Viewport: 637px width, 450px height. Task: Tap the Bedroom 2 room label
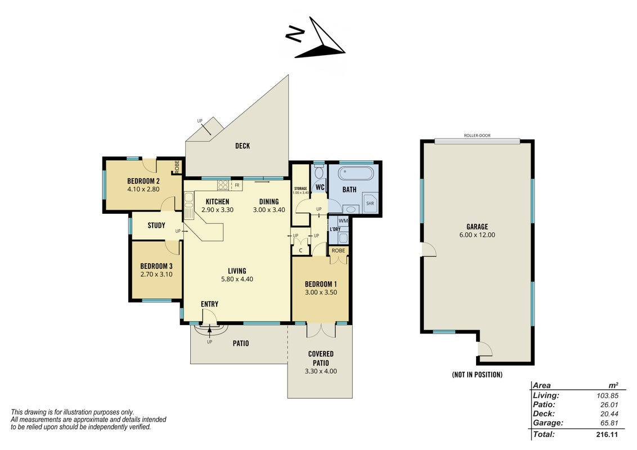point(143,181)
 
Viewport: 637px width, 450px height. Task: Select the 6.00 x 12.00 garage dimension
point(477,235)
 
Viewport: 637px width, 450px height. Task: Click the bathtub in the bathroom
point(356,173)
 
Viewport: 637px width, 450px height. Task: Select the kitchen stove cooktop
point(223,185)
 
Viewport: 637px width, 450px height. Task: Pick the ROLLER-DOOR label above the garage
point(477,136)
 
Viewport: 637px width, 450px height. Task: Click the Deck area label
point(243,146)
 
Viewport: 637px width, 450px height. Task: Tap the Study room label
point(156,226)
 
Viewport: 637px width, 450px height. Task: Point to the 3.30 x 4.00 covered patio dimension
point(321,371)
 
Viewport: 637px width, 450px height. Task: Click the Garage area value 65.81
point(609,423)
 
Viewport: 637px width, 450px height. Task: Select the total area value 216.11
point(607,435)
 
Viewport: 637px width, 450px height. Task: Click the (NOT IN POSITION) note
point(477,375)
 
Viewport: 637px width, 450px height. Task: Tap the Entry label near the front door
point(210,304)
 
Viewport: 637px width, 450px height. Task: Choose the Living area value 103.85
point(607,395)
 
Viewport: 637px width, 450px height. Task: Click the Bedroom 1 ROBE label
point(338,250)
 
